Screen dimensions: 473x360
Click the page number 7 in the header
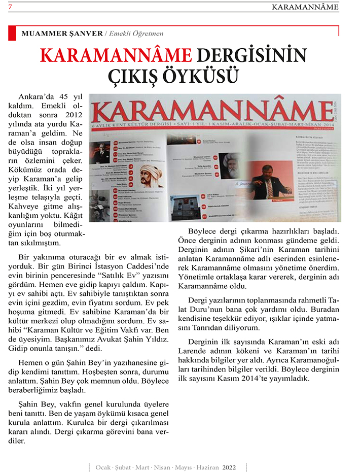10,7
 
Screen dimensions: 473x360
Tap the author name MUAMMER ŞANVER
61,34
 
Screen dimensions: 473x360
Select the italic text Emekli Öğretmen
134,34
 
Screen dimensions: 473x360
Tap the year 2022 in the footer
229,466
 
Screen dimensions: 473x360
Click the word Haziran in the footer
205,466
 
